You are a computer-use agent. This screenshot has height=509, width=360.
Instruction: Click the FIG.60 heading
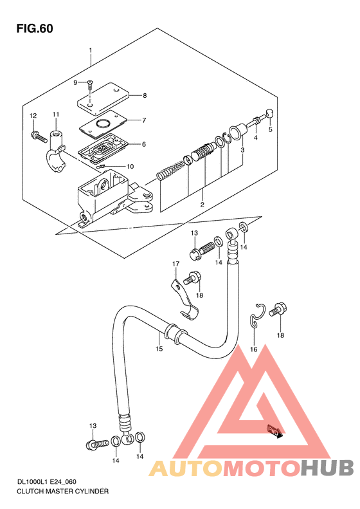coord(35,28)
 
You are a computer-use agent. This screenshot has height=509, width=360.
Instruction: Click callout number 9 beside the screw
coord(75,82)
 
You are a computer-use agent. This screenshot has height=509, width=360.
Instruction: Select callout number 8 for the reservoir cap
coord(145,95)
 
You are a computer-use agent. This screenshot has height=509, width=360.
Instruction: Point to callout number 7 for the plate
coord(144,120)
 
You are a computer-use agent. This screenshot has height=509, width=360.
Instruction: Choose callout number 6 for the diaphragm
coord(144,144)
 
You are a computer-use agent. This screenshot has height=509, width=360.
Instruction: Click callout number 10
coord(130,167)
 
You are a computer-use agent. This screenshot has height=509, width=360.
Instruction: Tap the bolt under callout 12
coord(38,136)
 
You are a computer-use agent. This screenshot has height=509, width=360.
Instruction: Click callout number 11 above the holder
coord(56,115)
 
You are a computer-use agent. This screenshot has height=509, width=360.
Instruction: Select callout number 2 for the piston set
coord(202,204)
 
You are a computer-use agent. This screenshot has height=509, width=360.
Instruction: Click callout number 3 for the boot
coord(242,150)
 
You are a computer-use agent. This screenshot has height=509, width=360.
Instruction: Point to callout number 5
coord(270,130)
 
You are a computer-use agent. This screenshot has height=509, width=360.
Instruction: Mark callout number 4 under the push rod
coord(256,138)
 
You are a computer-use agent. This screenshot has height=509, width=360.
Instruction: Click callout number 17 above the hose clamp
coord(175,264)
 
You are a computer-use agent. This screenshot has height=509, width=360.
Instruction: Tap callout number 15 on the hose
coord(159,349)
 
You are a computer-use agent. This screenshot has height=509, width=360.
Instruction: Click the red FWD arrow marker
coord(274,432)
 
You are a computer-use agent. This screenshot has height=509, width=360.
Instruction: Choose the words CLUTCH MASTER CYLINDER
coord(62,491)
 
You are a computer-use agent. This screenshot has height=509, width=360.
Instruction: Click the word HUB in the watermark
coord(327,468)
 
